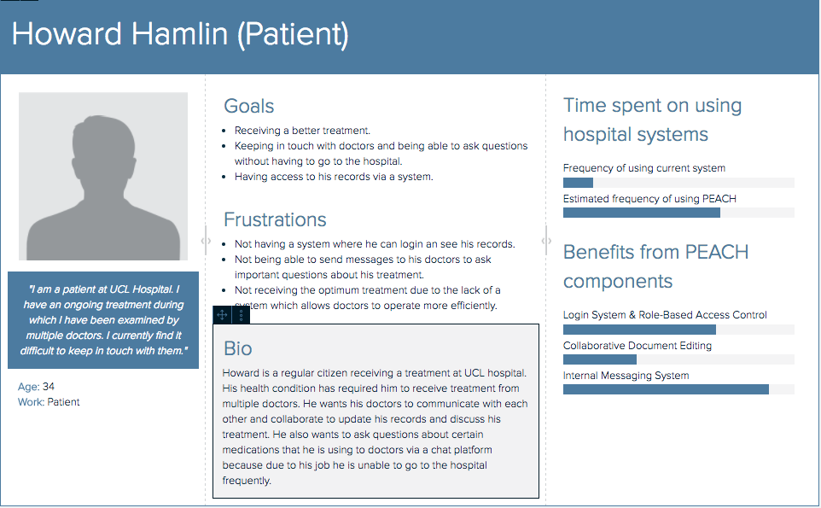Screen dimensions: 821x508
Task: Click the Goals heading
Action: pyautogui.click(x=248, y=107)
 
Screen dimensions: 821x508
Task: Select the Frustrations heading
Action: pyautogui.click(x=275, y=219)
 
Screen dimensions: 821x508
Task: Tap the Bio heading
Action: pyautogui.click(x=238, y=349)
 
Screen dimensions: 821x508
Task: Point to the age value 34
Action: pyautogui.click(x=48, y=387)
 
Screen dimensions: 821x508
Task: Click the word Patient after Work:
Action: pyautogui.click(x=63, y=401)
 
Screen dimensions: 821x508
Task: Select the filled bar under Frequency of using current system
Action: pyautogui.click(x=578, y=183)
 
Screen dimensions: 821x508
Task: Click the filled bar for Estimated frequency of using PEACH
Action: pyautogui.click(x=642, y=213)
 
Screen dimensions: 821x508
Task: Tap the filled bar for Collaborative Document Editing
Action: pyautogui.click(x=599, y=359)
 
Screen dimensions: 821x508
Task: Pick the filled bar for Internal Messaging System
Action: pyautogui.click(x=666, y=389)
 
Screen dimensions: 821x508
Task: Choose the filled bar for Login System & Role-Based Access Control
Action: pyautogui.click(x=639, y=330)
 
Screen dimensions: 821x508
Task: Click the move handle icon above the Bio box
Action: pyautogui.click(x=222, y=315)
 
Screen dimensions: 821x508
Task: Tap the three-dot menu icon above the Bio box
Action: pyautogui.click(x=241, y=315)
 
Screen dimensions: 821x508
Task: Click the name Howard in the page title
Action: pyautogui.click(x=67, y=34)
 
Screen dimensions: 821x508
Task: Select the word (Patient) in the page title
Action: pyautogui.click(x=293, y=35)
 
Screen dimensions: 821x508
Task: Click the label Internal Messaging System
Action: pyautogui.click(x=626, y=376)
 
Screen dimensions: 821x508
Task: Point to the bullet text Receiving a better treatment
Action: pyautogui.click(x=302, y=131)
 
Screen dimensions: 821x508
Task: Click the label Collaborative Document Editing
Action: pyautogui.click(x=638, y=346)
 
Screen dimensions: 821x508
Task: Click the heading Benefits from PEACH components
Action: pyautogui.click(x=655, y=266)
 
